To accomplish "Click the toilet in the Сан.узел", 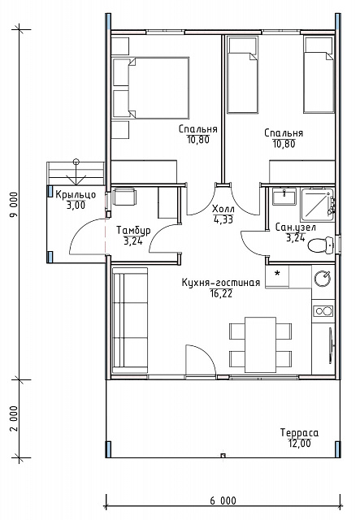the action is [320, 245].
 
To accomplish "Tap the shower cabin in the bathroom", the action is [317, 205].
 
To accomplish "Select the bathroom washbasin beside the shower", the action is [284, 197].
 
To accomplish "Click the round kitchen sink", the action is [323, 279].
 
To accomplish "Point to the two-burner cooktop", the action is [323, 310].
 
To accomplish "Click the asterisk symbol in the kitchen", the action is [277, 274].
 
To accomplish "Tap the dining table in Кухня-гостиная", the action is [261, 344].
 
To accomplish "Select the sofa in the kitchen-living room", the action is [130, 321].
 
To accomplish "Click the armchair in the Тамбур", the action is [124, 197].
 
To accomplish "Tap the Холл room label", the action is [223, 210].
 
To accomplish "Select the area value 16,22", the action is [221, 293].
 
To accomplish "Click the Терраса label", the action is [299, 433].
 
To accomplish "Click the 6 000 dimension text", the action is [223, 500].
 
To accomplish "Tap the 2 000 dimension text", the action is [14, 418].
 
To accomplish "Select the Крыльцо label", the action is [76, 195].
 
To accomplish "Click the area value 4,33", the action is [223, 219].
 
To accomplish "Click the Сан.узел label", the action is [296, 227].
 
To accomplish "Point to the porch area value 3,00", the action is [76, 206].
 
